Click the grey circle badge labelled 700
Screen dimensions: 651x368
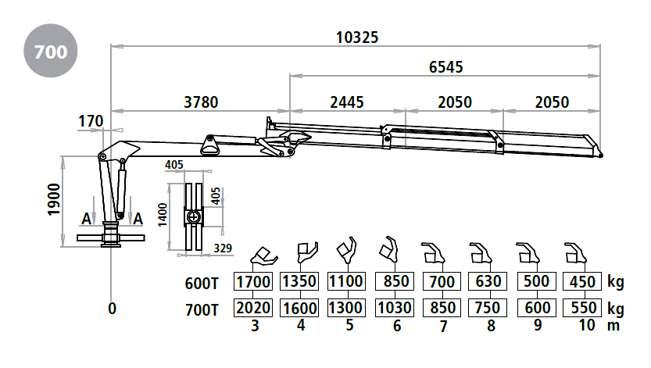pos(51,51)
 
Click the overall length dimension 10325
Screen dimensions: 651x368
pos(357,38)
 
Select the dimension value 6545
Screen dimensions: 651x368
pos(446,67)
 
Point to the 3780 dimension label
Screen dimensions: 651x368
pos(201,102)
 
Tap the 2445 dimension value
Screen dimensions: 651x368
pos(347,102)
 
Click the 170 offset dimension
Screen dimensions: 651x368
pos(91,122)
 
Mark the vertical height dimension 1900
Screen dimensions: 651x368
pos(55,199)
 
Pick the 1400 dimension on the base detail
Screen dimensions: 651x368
pos(163,215)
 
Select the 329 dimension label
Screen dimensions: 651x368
pos(223,248)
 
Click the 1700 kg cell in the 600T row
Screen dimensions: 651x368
pos(253,282)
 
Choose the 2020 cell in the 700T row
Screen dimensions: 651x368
pos(253,308)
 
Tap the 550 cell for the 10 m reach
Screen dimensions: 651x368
pos(582,308)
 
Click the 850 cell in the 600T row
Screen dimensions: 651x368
pos(395,282)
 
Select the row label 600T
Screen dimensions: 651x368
pos(202,284)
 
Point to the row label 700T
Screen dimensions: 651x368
pos(202,310)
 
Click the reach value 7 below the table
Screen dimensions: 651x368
pos(443,326)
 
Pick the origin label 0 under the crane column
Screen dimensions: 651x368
pos(112,309)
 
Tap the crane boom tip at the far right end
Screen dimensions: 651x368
pos(601,155)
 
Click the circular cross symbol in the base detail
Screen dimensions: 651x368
pos(194,216)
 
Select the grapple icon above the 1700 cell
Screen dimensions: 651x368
pos(264,257)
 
